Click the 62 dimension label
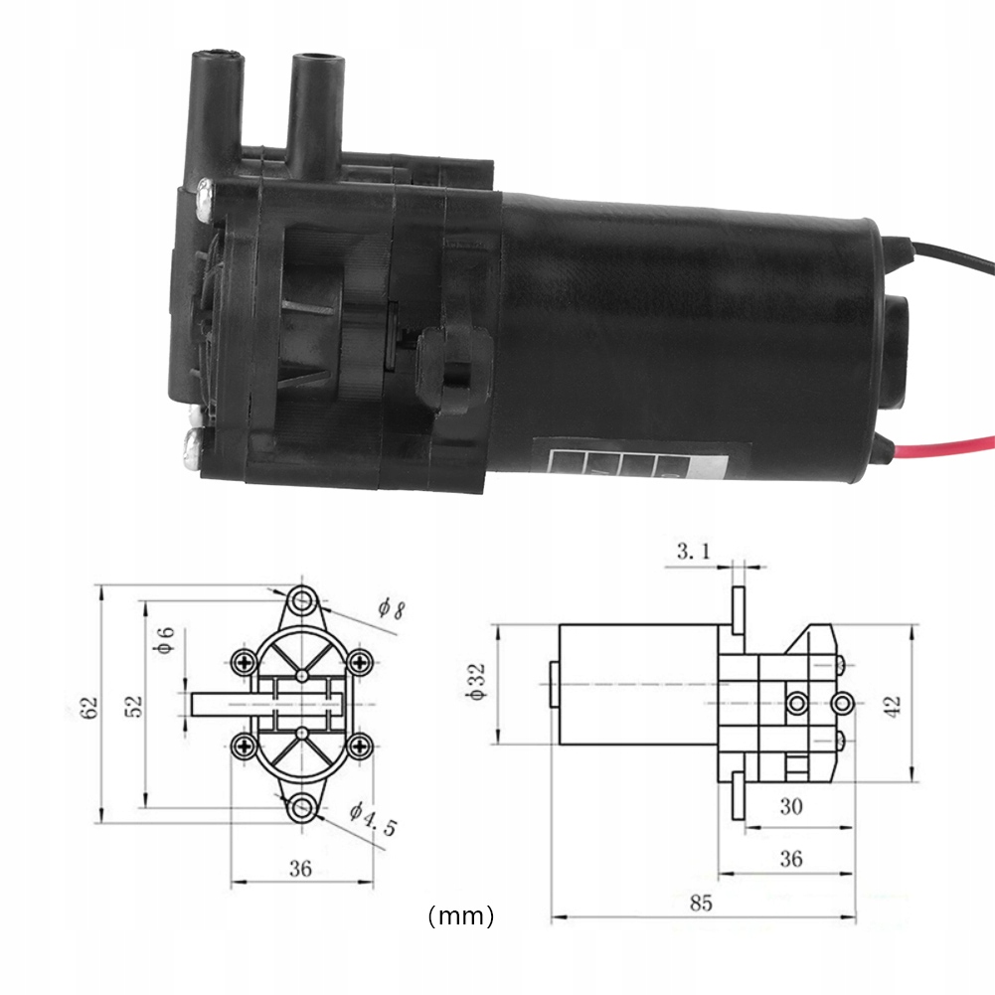[x=90, y=707]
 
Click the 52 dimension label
[x=135, y=706]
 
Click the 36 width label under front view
[x=301, y=868]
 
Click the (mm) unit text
[x=460, y=915]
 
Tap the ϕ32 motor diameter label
[x=477, y=683]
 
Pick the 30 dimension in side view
[x=790, y=806]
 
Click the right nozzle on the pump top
[x=315, y=99]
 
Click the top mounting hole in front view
[x=303, y=600]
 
